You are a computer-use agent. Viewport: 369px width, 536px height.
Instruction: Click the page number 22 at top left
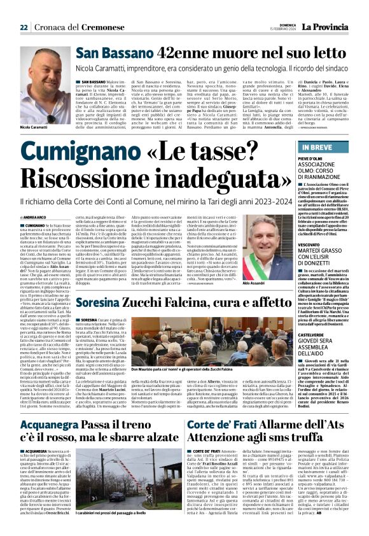(24, 27)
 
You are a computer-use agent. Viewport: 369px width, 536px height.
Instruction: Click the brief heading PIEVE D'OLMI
(305, 157)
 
